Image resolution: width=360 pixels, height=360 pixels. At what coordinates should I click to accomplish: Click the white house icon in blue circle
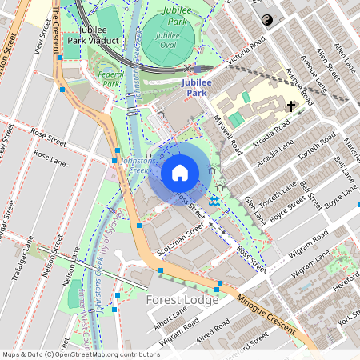coord(180,172)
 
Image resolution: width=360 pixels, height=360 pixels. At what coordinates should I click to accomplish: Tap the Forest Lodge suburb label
coord(182,300)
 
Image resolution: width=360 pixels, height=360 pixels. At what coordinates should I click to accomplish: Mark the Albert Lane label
coord(170,321)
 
